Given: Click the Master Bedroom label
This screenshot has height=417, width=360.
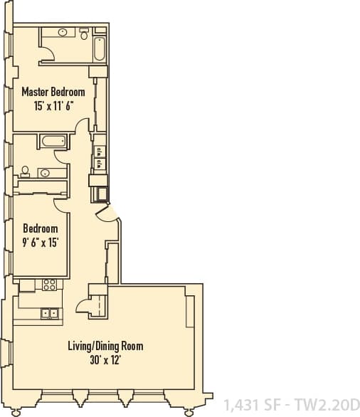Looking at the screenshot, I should click(53, 92).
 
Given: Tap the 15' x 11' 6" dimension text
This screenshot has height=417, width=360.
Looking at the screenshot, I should click(53, 105).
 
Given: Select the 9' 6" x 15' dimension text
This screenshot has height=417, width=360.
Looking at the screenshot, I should click(40, 242).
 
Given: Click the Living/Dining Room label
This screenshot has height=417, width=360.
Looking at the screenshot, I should click(105, 347).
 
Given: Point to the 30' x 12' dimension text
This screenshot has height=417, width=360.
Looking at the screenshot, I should click(105, 360).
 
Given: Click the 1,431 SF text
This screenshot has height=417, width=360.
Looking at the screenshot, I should click(253, 406).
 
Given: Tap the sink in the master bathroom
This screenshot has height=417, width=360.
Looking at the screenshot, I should click(63, 32).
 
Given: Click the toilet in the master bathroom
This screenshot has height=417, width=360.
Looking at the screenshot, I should click(84, 33).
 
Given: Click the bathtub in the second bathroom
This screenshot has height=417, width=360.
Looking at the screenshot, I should click(53, 142).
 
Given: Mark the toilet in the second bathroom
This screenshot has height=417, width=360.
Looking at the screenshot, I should click(26, 170).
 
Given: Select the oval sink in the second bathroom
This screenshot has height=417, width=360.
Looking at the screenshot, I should click(44, 172).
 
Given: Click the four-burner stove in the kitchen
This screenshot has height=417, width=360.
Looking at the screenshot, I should click(49, 285).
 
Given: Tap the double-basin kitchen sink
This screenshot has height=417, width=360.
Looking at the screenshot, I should click(49, 312).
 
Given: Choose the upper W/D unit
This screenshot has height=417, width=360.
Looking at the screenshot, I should click(99, 151).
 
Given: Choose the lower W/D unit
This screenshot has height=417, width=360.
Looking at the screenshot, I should click(99, 164).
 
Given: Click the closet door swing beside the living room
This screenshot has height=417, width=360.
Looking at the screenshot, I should click(87, 305).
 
